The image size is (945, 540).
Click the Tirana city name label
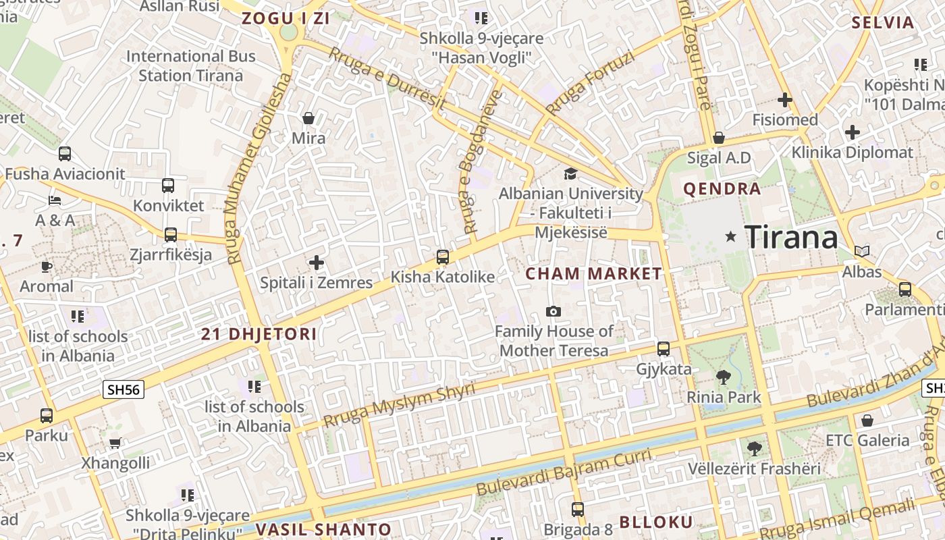(791, 237)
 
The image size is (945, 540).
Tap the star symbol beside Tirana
(730, 237)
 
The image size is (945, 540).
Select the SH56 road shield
(124, 389)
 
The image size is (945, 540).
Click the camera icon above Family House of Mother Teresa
(553, 311)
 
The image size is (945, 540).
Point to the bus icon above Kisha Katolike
(443, 257)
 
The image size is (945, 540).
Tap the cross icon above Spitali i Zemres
(316, 262)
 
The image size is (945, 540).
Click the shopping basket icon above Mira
(308, 118)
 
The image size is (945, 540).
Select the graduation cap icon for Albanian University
(570, 174)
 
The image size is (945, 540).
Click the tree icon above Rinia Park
(724, 377)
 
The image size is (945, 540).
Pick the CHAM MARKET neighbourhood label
(593, 274)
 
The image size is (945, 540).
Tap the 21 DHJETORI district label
(259, 334)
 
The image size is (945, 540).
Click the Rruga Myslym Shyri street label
(399, 406)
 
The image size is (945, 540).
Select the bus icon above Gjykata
(664, 349)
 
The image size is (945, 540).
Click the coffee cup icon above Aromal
(46, 267)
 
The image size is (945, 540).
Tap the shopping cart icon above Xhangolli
(115, 443)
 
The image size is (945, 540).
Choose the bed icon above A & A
(55, 200)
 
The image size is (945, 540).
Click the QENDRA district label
(722, 189)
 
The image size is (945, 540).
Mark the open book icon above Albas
(862, 251)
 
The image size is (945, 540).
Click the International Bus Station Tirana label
(190, 65)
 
